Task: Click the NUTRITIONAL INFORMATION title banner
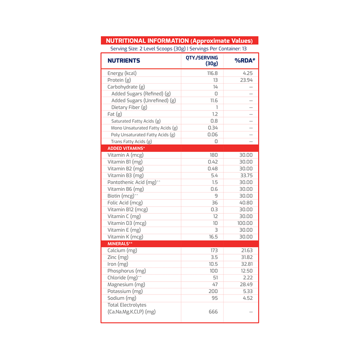point(179,41)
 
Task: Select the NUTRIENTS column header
point(124,61)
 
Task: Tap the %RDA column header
point(245,61)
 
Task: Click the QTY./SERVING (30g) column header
point(202,60)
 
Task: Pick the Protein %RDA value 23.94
point(246,80)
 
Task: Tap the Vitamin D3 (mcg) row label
point(127,223)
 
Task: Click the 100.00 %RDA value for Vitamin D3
point(245,223)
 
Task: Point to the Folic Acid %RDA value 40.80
point(246,203)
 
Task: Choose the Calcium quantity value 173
point(213,251)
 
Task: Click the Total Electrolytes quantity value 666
point(213,312)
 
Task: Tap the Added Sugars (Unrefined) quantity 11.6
point(214,101)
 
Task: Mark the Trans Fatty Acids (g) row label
point(131,141)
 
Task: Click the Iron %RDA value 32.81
point(246,264)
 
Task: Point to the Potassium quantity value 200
point(213,291)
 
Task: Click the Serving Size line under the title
point(179,49)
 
